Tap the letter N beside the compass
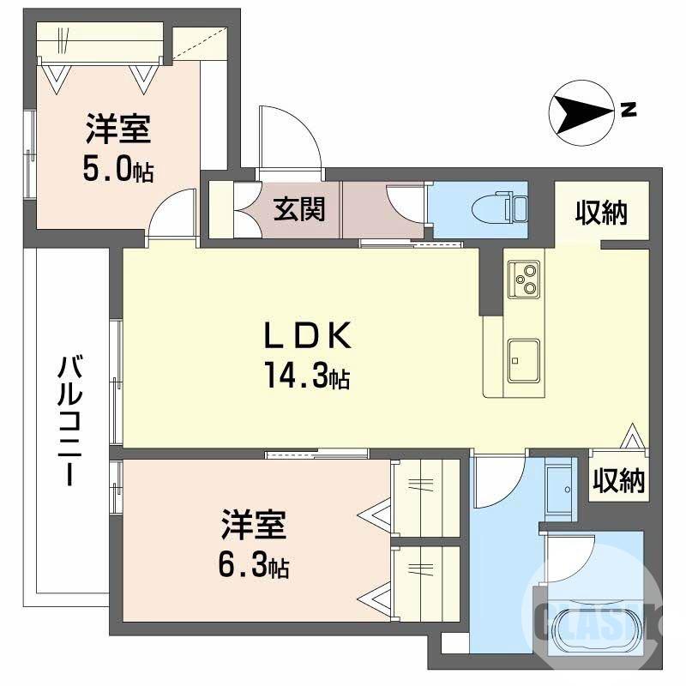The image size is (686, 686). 629,109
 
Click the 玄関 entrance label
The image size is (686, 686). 299,208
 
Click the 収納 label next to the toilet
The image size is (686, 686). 600,211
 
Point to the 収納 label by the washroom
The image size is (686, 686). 618,481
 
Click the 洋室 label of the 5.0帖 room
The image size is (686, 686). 118,130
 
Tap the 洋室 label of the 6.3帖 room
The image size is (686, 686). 253,525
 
